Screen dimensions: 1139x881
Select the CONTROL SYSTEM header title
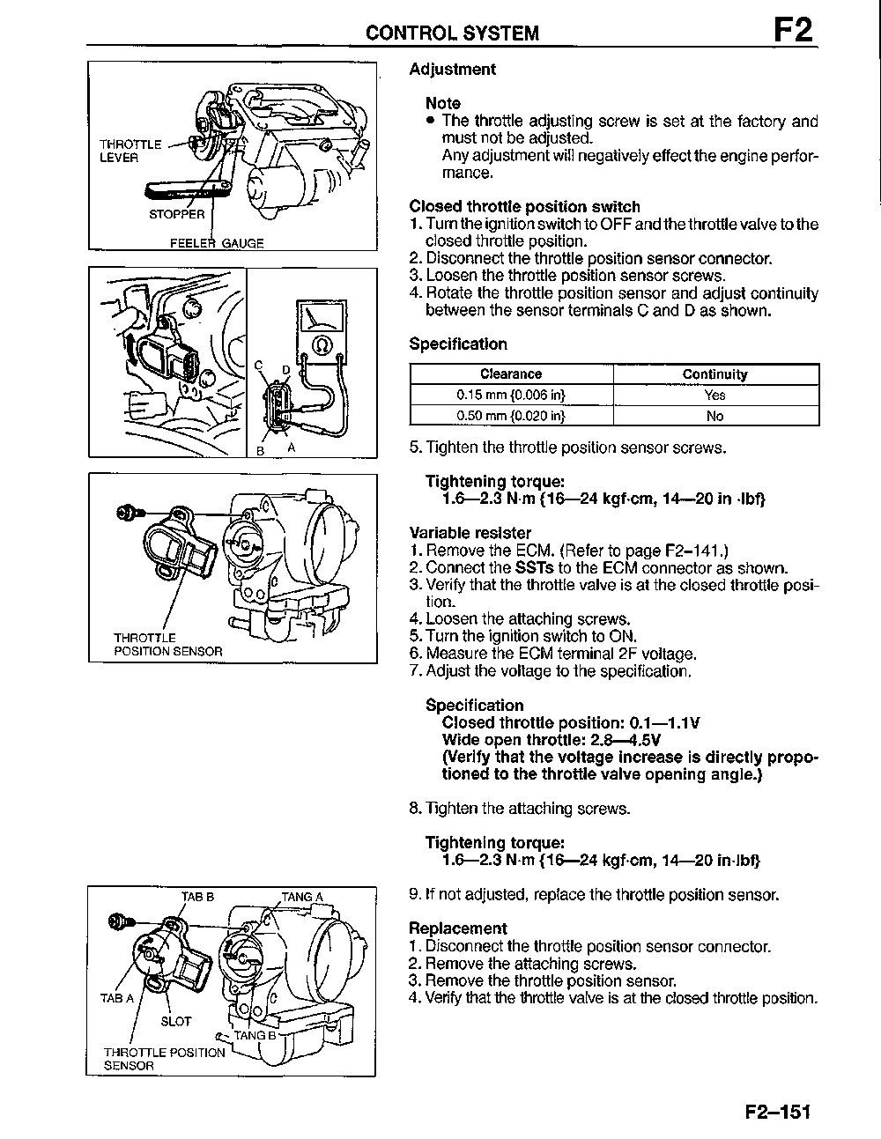[x=453, y=33]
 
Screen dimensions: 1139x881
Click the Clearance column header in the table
[x=511, y=374]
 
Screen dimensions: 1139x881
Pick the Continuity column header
[x=714, y=374]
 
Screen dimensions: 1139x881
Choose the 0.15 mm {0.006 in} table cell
[x=511, y=396]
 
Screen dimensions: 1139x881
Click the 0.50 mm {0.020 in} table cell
[x=511, y=416]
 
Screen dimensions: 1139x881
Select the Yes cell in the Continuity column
[x=714, y=396]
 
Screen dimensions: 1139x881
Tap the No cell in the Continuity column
[x=714, y=416]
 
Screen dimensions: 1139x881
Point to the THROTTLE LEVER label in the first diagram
[x=130, y=151]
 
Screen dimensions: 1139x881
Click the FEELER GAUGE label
[x=217, y=243]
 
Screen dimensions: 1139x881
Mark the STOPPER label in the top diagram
[x=176, y=214]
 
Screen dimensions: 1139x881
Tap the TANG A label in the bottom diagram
[x=302, y=897]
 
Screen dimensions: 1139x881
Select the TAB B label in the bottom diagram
[x=197, y=897]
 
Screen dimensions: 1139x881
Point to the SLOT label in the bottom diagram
[x=175, y=1021]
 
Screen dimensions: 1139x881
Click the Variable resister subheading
[x=470, y=533]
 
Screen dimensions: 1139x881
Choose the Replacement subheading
[x=458, y=928]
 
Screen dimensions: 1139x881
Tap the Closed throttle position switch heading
[x=525, y=207]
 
